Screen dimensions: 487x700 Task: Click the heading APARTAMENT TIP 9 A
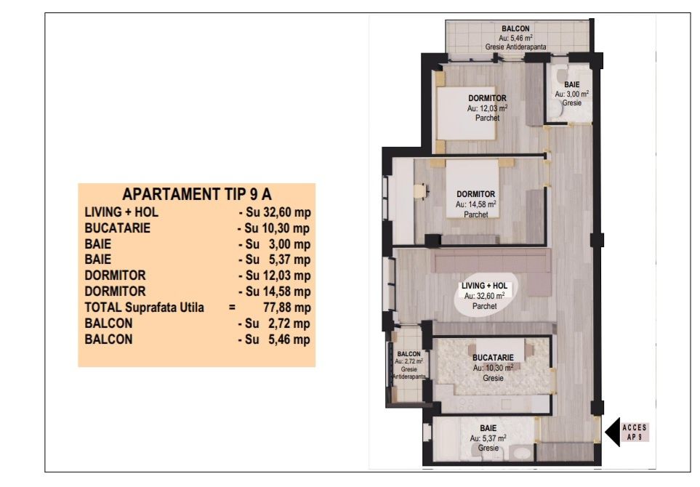point(197,194)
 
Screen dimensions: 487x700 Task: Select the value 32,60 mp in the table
point(274,212)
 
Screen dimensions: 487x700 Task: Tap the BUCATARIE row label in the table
point(118,228)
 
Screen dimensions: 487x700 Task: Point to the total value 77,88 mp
point(280,307)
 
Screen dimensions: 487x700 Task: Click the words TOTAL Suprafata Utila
point(145,307)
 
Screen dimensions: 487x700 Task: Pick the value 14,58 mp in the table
point(274,291)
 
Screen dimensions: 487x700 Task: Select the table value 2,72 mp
point(274,323)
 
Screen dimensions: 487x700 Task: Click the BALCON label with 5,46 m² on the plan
point(515,30)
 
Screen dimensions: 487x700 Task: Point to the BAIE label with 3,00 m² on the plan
point(571,86)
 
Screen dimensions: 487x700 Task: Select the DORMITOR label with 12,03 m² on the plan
point(487,99)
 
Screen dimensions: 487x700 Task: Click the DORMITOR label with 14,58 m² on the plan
point(476,194)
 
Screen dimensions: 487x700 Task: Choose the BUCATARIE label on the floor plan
point(493,358)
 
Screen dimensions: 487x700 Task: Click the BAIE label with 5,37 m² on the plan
point(488,429)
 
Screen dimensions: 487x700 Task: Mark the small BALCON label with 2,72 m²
point(409,354)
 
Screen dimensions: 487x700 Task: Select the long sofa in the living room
point(491,263)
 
